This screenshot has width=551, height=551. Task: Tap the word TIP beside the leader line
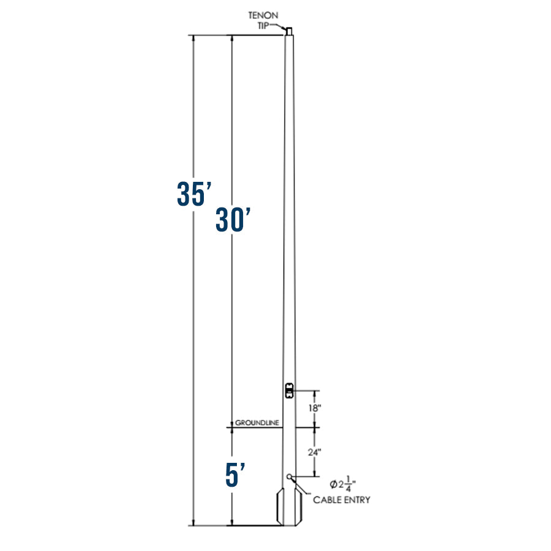point(263,24)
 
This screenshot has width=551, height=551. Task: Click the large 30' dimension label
point(233,220)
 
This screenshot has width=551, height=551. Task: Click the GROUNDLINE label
point(257,423)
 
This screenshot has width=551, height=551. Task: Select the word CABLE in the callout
point(328,500)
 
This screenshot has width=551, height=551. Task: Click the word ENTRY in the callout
point(358,500)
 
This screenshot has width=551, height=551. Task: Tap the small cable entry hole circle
point(290,476)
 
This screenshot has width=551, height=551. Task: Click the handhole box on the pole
point(290,390)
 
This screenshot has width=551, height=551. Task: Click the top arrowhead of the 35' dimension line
point(194,39)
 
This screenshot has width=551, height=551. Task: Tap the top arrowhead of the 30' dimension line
point(231,39)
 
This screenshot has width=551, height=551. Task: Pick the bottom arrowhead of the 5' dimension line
point(231,522)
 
